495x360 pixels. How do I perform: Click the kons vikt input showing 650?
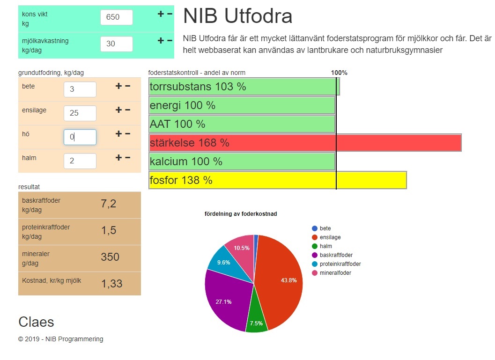pos(116,17)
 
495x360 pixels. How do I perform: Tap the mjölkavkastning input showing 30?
pos(116,44)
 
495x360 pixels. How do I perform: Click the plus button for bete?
pos(118,86)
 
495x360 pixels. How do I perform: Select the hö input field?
pos(80,137)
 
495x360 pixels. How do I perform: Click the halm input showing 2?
pos(80,161)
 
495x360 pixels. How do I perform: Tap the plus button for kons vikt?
pos(161,14)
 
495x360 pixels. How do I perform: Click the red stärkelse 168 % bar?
pos(305,143)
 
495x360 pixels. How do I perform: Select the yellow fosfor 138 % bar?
pos(277,180)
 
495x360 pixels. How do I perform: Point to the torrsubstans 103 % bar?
pos(244,87)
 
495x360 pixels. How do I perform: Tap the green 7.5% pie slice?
pos(256,321)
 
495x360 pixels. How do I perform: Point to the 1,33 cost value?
pos(111,283)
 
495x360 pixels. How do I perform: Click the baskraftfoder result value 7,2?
pos(109,204)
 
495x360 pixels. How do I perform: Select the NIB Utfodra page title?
pos(237,16)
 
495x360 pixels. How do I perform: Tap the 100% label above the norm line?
pos(339,73)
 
